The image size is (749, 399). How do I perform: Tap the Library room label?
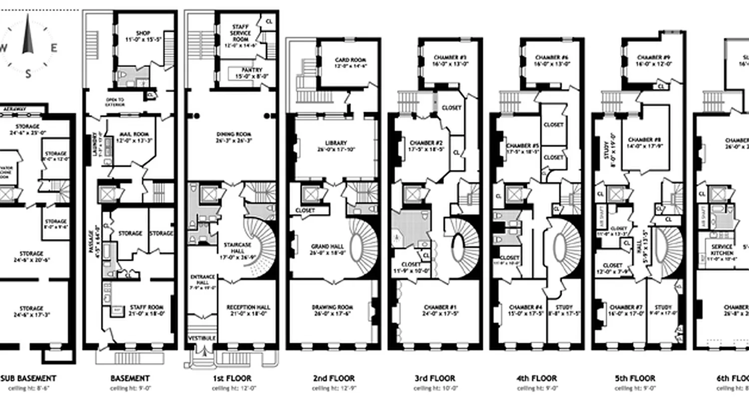click(335, 143)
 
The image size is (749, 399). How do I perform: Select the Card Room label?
click(351, 60)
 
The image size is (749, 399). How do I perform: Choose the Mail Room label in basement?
click(132, 134)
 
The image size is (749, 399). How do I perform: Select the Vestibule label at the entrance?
click(202, 338)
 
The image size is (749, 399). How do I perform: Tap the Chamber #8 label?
click(644, 140)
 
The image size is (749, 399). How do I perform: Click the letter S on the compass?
click(28, 74)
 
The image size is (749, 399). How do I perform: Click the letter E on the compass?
click(53, 48)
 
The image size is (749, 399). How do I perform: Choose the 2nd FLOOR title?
click(335, 379)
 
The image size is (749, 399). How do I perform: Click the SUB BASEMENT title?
click(28, 379)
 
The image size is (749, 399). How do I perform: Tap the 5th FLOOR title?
click(635, 379)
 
